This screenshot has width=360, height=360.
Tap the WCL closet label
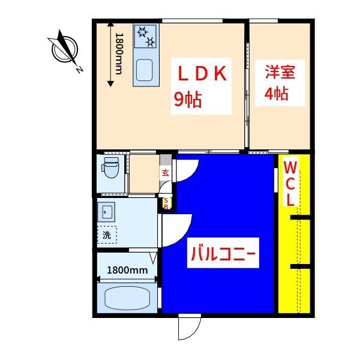[290, 182]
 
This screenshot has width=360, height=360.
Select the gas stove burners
[145, 36]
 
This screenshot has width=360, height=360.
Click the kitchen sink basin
[145, 71]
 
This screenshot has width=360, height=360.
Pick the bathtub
[127, 298]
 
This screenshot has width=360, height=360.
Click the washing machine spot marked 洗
[107, 235]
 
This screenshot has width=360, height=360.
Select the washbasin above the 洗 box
[108, 212]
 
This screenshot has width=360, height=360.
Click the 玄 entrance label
[165, 174]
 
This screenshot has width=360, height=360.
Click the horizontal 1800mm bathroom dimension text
[127, 270]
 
